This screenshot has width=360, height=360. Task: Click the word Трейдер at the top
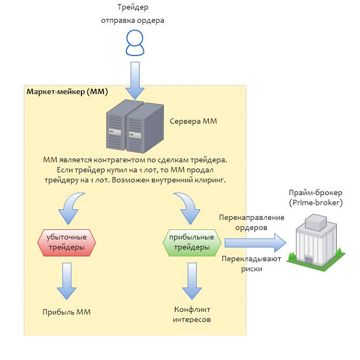pos(133,8)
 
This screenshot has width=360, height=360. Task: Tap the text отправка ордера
pos(133,20)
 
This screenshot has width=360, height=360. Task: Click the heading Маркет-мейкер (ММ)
pos(67,91)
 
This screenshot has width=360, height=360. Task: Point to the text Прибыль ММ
pos(66,312)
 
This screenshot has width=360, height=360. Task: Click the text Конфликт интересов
pos(192,314)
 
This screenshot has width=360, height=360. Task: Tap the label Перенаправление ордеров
pos(251,222)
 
